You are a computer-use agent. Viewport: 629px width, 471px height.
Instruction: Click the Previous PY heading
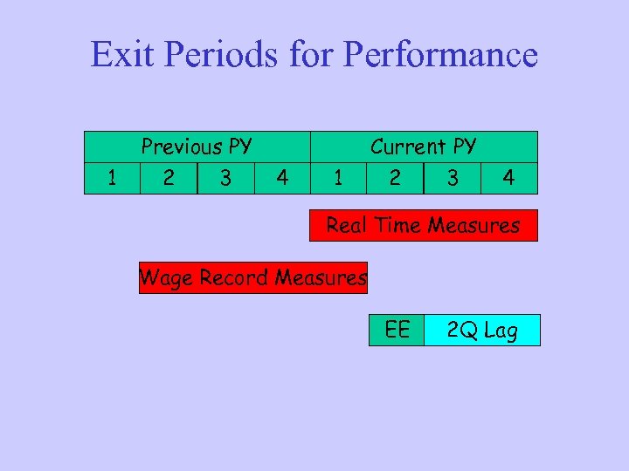(x=197, y=146)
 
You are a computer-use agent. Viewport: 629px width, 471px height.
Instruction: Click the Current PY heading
(x=424, y=146)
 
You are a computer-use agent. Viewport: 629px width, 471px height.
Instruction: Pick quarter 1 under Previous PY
(x=112, y=178)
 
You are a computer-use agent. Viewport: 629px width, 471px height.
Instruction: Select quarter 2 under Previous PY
(x=169, y=178)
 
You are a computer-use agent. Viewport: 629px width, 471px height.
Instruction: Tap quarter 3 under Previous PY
(x=225, y=178)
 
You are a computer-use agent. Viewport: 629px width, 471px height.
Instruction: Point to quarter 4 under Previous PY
(x=281, y=178)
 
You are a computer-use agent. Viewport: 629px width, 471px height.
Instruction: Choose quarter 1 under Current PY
(x=338, y=178)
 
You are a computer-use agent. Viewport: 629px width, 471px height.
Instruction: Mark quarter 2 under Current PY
(x=395, y=178)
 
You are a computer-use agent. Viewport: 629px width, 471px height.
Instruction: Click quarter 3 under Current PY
(x=452, y=178)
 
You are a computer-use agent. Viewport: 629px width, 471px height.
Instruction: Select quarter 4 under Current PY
(x=508, y=178)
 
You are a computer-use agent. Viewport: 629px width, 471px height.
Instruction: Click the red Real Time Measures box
(x=424, y=225)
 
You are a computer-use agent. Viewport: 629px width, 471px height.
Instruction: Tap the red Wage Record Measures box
(x=253, y=278)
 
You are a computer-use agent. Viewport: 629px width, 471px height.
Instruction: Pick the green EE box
(x=397, y=330)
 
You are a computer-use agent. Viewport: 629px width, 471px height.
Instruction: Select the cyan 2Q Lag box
(x=482, y=331)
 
